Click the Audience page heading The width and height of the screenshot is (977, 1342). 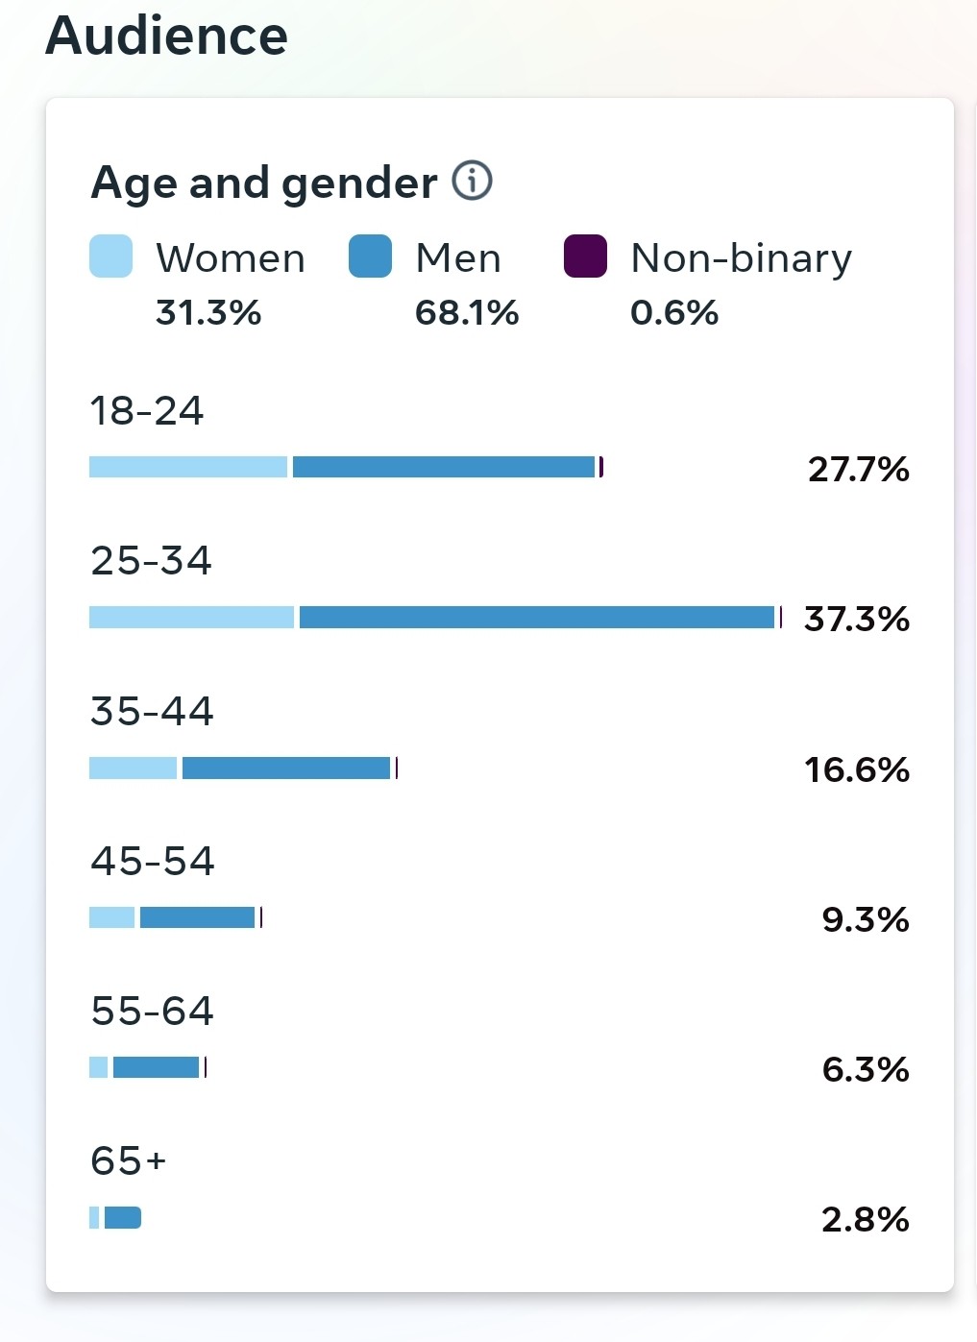tap(166, 36)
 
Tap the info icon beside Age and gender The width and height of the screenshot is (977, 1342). tap(472, 181)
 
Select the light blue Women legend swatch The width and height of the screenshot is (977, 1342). tap(110, 256)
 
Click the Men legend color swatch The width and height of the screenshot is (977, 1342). tap(370, 256)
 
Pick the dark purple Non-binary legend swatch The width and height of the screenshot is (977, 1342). tap(585, 256)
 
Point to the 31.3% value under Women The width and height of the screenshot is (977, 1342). tap(208, 313)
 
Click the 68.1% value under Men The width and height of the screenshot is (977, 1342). tap(467, 313)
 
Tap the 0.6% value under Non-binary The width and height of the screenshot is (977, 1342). tap(674, 313)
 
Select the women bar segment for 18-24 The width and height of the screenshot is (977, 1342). tap(188, 467)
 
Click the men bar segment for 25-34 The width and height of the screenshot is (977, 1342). tap(536, 617)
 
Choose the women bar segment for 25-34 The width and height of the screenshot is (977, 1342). tap(191, 617)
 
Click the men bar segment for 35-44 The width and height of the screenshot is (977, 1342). tap(286, 768)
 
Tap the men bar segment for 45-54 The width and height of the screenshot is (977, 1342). tap(197, 917)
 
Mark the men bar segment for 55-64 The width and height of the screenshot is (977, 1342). tap(156, 1067)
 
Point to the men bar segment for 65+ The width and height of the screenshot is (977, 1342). tap(123, 1218)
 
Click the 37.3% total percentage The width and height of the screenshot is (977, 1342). tap(857, 620)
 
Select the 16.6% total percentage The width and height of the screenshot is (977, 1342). tap(857, 769)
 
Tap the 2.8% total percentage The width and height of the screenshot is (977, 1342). tap(865, 1220)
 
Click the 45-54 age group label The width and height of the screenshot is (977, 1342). tap(152, 862)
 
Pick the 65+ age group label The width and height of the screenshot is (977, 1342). tap(129, 1161)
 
